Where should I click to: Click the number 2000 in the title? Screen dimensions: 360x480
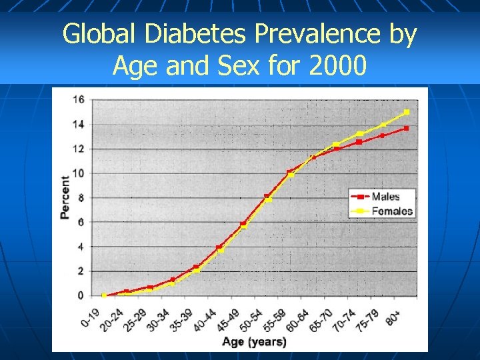coord(335,65)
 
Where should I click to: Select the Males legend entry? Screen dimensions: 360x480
coord(385,197)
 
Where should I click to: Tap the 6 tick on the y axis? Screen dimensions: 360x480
coord(80,222)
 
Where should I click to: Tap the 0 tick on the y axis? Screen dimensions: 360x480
coord(80,295)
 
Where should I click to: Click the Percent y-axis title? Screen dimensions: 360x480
coord(65,197)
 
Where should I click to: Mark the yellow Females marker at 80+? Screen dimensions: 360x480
coord(407,112)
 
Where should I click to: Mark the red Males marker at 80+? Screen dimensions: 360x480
coord(406,128)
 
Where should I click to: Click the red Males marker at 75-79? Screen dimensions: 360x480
coord(383,135)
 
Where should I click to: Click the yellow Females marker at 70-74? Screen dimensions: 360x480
coord(359,134)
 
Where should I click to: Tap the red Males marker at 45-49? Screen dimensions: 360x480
coord(243,223)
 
